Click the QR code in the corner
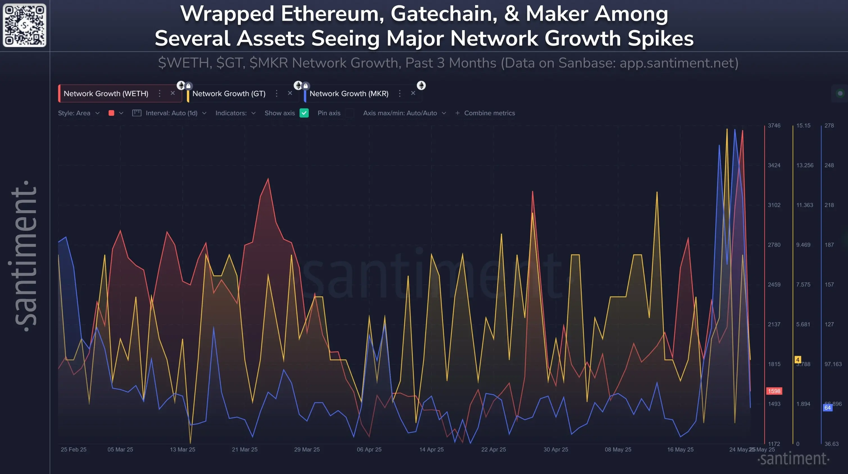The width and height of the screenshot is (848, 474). coord(25,25)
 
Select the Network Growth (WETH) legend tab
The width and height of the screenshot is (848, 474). coord(106,94)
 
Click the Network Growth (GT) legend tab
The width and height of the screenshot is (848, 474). coord(229,94)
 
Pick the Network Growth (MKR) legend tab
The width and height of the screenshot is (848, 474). coord(349,94)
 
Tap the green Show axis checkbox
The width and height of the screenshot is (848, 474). coord(304,113)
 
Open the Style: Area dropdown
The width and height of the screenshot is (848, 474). coord(79,113)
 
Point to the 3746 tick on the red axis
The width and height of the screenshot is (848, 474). coord(774,125)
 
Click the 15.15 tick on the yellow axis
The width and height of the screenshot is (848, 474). coord(803,125)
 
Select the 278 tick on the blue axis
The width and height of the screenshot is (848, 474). coord(829,125)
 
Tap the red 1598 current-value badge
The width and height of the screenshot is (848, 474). coord(774,391)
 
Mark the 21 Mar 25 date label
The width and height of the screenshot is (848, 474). coord(244,449)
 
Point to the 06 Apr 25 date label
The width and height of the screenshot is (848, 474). coord(369,449)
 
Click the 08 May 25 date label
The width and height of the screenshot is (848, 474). coord(618,449)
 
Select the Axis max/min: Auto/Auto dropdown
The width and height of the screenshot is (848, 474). coord(404,113)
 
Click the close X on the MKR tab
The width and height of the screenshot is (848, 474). coord(413,93)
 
